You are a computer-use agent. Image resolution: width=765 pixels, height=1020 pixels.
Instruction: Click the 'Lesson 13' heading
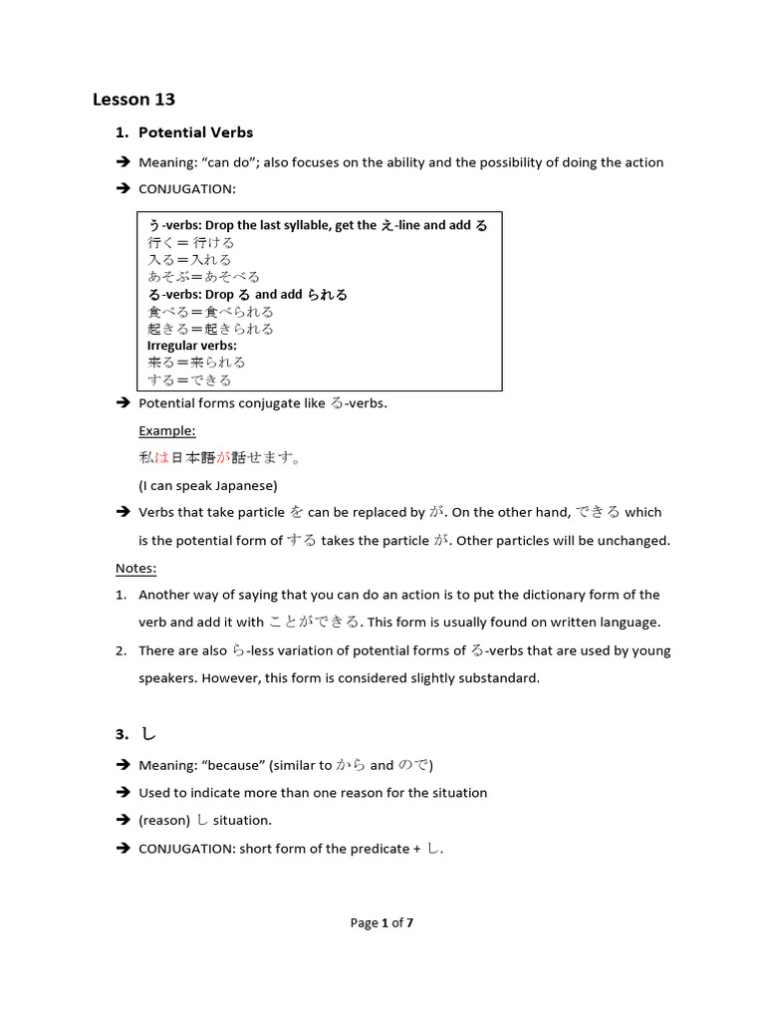[133, 99]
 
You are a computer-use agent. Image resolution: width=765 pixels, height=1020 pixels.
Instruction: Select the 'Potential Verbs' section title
[195, 132]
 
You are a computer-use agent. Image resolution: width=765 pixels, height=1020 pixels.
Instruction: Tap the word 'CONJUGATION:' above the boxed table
[187, 189]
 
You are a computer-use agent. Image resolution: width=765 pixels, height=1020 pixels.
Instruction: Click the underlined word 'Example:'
[166, 430]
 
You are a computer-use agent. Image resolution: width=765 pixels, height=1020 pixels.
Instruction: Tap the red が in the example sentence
[222, 458]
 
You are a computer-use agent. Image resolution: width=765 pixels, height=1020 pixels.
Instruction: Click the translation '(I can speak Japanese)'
[207, 485]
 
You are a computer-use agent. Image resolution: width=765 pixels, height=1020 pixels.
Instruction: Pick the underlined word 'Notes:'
[135, 568]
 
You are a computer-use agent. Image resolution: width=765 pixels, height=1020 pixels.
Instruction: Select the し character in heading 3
[148, 734]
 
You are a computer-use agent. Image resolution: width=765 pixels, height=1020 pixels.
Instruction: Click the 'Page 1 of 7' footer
[382, 922]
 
